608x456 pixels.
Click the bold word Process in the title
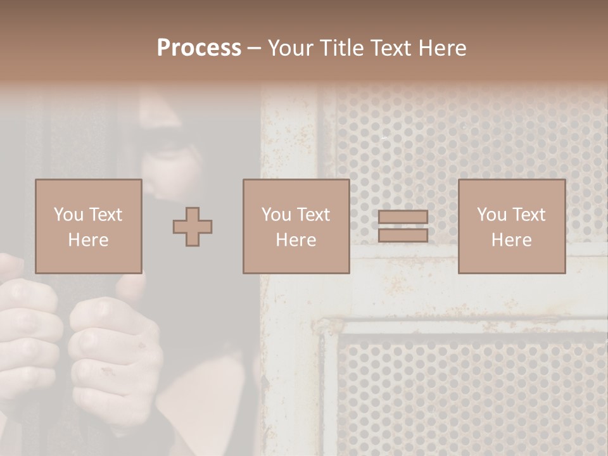tap(199, 48)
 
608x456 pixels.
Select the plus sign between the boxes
tap(193, 227)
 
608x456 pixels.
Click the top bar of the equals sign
tap(403, 217)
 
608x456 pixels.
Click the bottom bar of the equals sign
tap(403, 235)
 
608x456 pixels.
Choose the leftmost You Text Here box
tap(88, 226)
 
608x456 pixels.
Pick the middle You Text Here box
tap(296, 226)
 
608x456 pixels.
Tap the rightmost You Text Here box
tap(511, 226)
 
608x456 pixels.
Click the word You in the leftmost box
tap(67, 215)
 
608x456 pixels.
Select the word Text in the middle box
tap(312, 215)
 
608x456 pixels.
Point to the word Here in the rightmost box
tap(511, 240)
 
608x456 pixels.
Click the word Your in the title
tap(290, 48)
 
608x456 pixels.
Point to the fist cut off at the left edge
tap(25, 329)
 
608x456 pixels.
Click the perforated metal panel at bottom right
tap(462, 393)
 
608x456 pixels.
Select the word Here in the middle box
tap(296, 240)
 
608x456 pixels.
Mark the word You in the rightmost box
tap(490, 215)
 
